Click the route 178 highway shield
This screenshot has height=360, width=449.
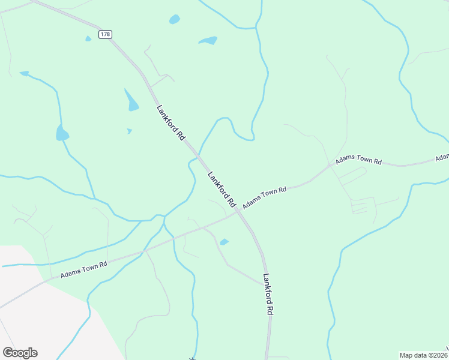pos(106,34)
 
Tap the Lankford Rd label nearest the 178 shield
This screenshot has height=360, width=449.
pos(170,123)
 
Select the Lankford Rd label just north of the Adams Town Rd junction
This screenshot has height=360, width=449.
pos(221,190)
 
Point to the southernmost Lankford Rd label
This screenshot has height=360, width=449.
pos(269,295)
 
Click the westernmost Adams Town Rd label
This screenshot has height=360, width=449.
pos(83,269)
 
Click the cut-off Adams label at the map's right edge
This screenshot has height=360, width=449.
pos(442,157)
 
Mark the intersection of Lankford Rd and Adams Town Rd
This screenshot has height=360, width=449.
pos(238,211)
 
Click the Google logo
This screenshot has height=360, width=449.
pos(20,353)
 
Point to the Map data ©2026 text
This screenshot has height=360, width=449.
pos(423,355)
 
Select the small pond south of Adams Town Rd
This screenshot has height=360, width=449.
pos(224,242)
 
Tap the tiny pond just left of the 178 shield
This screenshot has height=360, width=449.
pos(88,38)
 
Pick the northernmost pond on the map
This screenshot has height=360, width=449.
pos(175,19)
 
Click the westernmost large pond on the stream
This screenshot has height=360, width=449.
pos(62,133)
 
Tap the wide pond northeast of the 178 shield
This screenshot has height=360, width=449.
pos(208,41)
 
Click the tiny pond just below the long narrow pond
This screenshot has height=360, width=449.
pos(129,131)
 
